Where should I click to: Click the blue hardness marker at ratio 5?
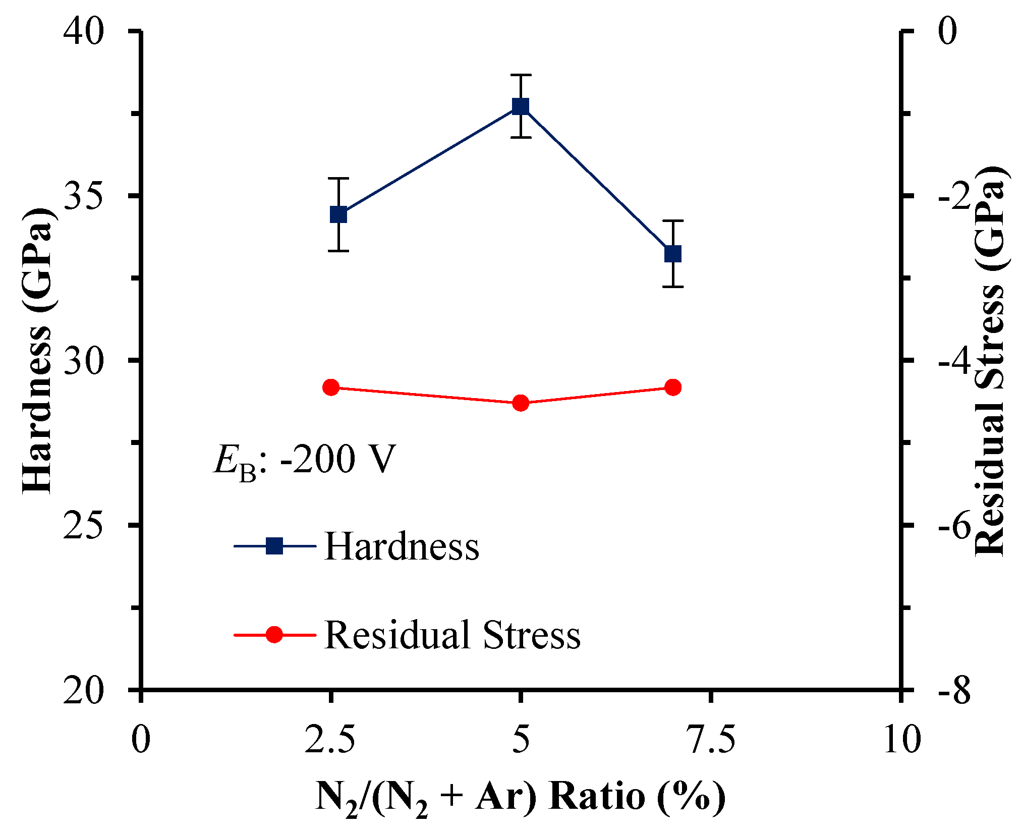(520, 106)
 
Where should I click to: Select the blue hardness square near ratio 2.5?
(338, 214)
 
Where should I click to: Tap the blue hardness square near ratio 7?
(673, 254)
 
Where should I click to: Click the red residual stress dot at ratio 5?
(520, 403)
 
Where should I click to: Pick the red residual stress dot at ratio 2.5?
(331, 387)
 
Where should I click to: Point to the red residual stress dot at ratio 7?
(673, 387)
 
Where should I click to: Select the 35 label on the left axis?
(83, 196)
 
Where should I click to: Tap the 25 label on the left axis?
(83, 525)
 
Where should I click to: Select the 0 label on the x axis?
(141, 740)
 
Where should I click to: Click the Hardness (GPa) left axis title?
(38, 351)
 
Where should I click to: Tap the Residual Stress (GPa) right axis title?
(990, 361)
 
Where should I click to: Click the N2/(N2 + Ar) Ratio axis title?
(520, 798)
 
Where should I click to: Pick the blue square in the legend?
(274, 545)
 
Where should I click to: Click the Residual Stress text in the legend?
(452, 635)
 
